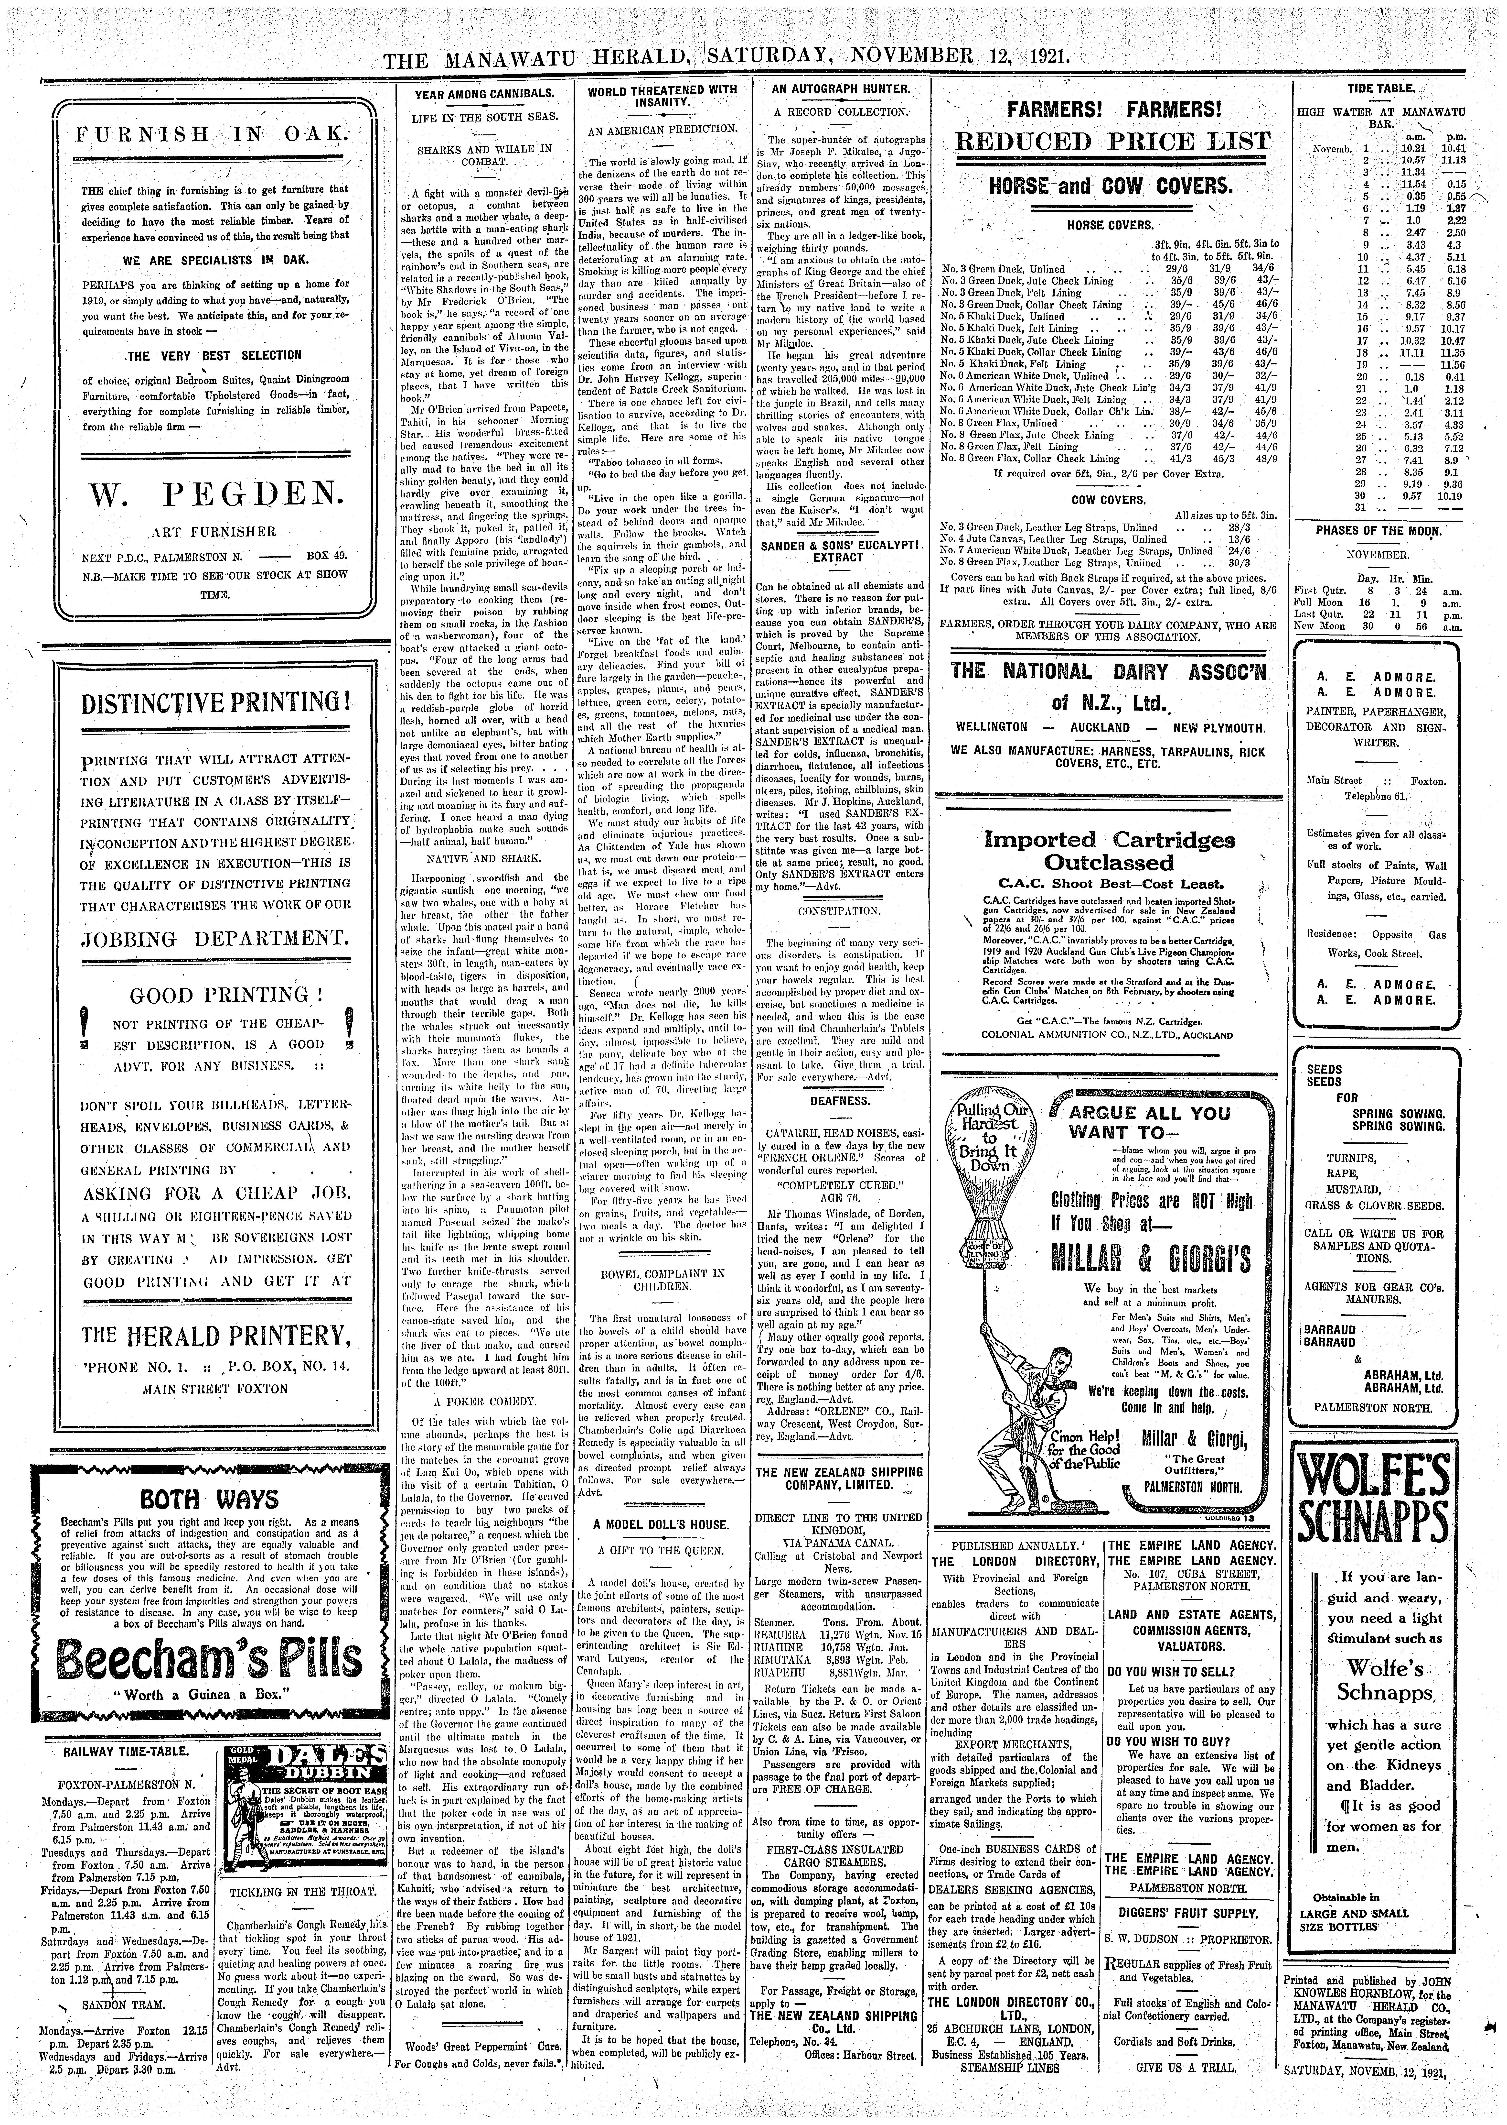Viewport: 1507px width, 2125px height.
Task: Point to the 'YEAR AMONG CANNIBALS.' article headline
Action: (x=483, y=94)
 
